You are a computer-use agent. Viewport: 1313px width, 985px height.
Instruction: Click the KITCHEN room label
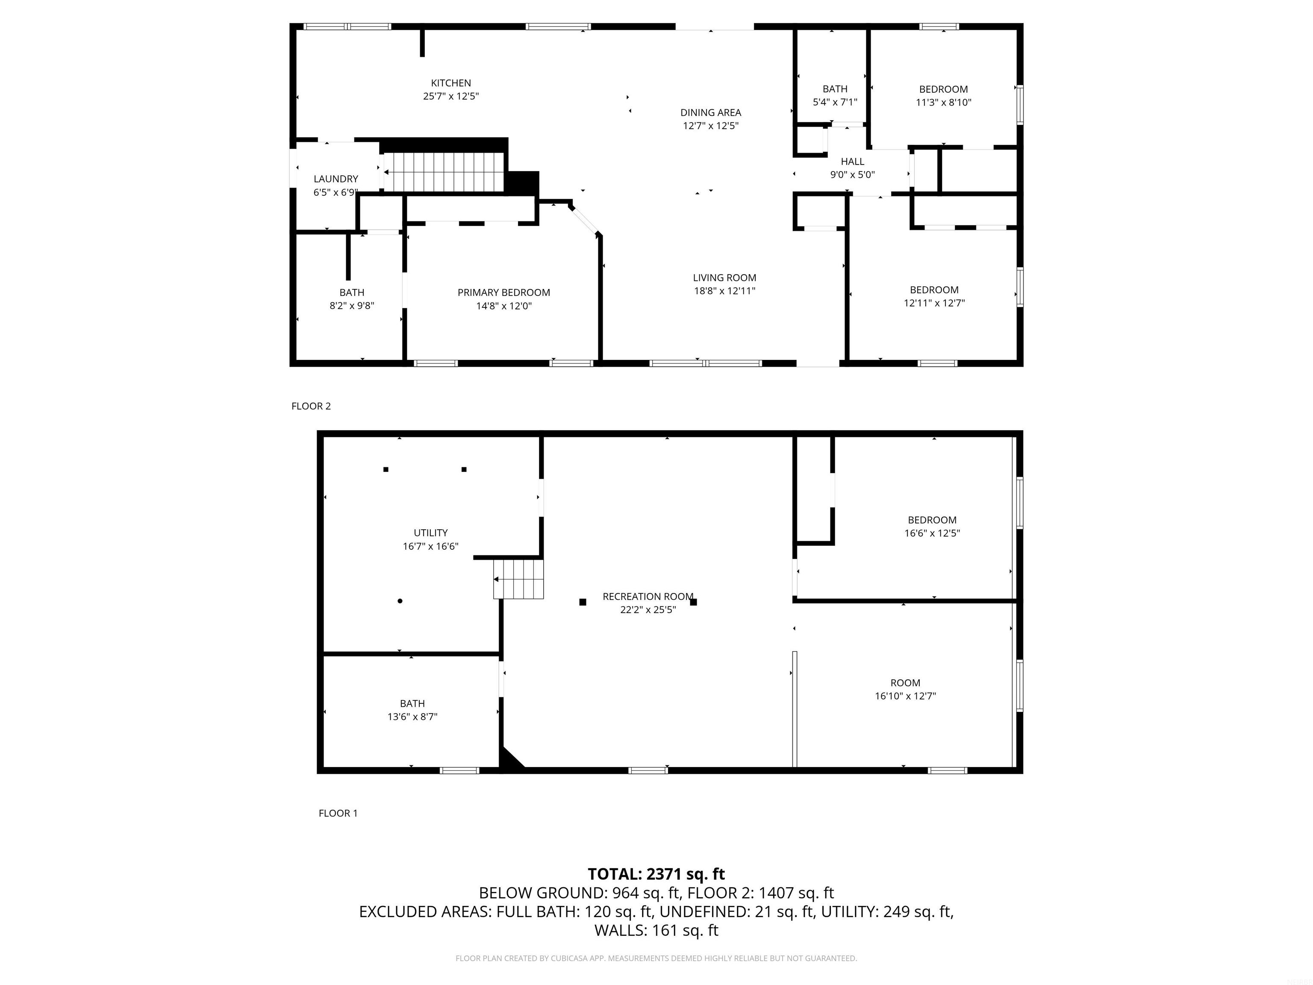point(450,83)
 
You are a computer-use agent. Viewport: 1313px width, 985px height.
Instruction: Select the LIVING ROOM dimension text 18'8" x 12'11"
point(725,291)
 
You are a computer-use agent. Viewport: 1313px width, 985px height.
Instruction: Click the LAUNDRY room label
point(336,179)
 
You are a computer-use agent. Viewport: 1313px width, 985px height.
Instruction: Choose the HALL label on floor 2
point(852,162)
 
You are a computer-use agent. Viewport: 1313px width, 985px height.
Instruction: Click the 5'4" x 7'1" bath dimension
point(835,102)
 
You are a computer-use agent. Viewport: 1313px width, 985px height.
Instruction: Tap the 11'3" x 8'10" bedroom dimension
point(943,102)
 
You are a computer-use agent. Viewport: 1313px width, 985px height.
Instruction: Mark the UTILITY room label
point(430,533)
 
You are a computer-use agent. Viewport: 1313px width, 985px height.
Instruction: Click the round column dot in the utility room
point(400,601)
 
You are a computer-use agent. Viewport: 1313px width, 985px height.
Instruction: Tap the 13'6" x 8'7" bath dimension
point(412,717)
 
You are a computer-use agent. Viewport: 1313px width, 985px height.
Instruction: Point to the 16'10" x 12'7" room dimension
point(905,696)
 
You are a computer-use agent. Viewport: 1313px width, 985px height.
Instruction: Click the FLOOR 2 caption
point(311,406)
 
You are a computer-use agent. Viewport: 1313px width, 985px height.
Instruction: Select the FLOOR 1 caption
point(339,814)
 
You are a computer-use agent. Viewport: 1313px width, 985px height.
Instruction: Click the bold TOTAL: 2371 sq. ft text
point(656,874)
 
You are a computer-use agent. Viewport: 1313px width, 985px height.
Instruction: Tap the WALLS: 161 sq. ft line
point(656,930)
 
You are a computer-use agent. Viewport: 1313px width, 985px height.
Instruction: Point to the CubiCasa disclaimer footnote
point(656,958)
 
